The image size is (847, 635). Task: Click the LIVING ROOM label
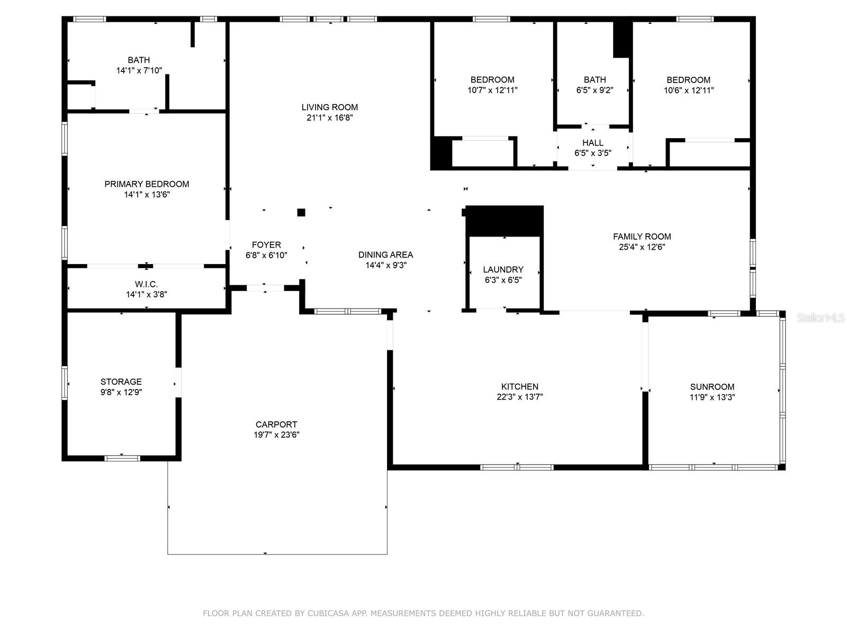click(330, 107)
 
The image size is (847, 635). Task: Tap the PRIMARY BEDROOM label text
click(147, 184)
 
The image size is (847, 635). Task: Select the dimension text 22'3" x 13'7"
click(519, 397)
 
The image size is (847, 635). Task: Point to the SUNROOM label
click(712, 387)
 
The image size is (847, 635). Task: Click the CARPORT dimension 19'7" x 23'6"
click(276, 434)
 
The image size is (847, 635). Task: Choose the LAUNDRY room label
click(503, 269)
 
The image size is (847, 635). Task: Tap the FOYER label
click(266, 245)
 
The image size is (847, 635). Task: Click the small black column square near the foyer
click(301, 212)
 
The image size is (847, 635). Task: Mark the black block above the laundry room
click(504, 221)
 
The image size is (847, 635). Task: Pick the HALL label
click(593, 143)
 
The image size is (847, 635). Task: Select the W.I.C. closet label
click(146, 284)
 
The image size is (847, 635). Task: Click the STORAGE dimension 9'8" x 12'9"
click(121, 392)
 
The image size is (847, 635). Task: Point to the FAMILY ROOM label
click(642, 237)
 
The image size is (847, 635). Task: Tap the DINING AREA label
click(385, 255)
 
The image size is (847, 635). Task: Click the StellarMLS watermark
click(821, 317)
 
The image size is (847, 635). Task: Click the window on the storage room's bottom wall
click(122, 458)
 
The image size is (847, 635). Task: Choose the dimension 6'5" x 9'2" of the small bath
click(594, 90)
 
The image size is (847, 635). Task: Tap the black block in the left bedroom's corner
click(441, 153)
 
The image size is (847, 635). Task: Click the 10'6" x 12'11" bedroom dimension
click(688, 90)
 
